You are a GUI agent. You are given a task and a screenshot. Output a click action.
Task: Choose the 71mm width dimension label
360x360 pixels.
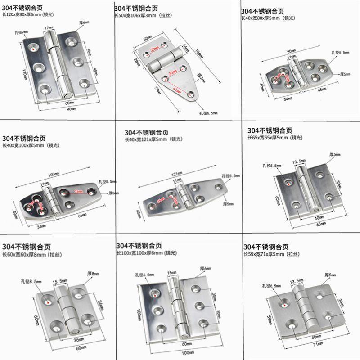coord(319,344)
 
